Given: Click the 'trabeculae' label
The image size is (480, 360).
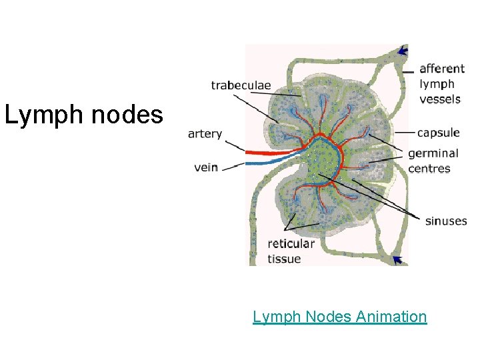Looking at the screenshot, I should coord(241,85).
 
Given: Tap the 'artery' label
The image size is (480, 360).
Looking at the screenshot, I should coord(205,134).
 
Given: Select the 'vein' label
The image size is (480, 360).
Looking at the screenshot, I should coord(206,167).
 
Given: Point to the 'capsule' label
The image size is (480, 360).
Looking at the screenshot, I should coord(438,133).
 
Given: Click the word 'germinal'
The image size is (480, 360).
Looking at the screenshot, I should coord(433,154).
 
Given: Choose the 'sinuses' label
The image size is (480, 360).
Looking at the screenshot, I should coord(446,221).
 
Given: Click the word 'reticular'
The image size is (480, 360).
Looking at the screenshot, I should coord(291,244).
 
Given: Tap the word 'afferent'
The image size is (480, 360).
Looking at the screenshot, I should coord(442,69).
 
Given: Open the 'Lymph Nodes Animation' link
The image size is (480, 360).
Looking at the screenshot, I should coord(339,316).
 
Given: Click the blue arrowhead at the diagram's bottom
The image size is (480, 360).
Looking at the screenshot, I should coord(399,259).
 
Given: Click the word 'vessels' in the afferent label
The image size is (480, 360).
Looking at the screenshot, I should coord(439,99).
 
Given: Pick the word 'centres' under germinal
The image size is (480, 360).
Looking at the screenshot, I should coord(429,169).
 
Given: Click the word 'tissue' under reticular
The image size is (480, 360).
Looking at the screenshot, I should coord(284,259).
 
